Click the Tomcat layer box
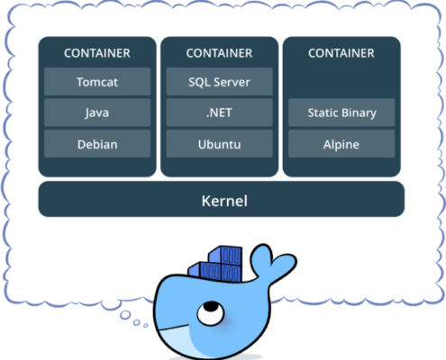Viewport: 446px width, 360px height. [x=97, y=82]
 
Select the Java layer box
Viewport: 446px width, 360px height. [x=97, y=112]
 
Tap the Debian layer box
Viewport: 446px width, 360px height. [x=97, y=144]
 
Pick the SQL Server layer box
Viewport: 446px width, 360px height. [x=220, y=82]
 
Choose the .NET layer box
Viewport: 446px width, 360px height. [x=220, y=112]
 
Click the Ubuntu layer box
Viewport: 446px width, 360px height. [x=220, y=144]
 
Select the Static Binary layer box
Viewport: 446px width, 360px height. [x=341, y=112]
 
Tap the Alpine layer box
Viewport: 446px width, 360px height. [x=341, y=144]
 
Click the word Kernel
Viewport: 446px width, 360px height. [x=224, y=201]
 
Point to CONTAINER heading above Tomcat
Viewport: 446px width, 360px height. [x=97, y=53]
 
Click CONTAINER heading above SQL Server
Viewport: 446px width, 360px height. [x=219, y=53]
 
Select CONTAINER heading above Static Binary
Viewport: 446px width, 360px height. [x=341, y=53]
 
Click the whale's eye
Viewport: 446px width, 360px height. [x=211, y=313]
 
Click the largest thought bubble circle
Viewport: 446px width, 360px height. [x=125, y=315]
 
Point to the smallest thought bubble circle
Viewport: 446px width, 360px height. [x=146, y=325]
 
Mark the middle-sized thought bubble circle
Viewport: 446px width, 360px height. [x=137, y=322]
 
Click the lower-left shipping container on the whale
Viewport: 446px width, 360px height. [x=205, y=271]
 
